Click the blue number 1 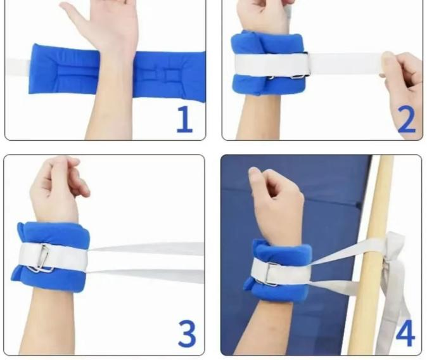point(185,119)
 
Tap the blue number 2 point(406,119)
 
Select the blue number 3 point(187,333)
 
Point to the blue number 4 point(405,333)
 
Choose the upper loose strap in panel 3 point(146,248)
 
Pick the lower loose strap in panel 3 point(146,276)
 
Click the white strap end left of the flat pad point(18,67)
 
